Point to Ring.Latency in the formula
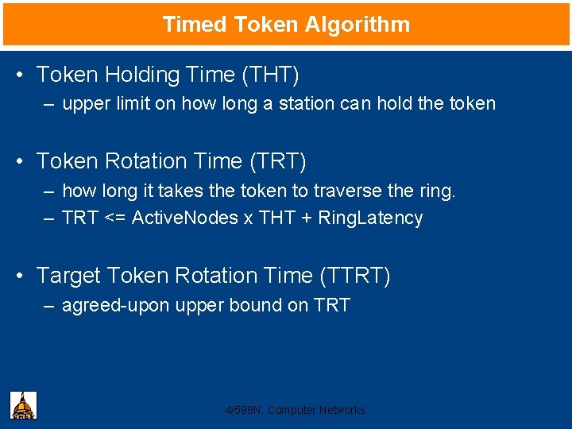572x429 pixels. pos(370,218)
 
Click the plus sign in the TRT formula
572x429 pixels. pos(304,218)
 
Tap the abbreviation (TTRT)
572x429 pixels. pos(354,276)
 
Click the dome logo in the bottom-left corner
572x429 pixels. pos(23,405)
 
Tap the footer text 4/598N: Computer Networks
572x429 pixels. pos(296,410)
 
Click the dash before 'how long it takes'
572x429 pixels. pos(49,191)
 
